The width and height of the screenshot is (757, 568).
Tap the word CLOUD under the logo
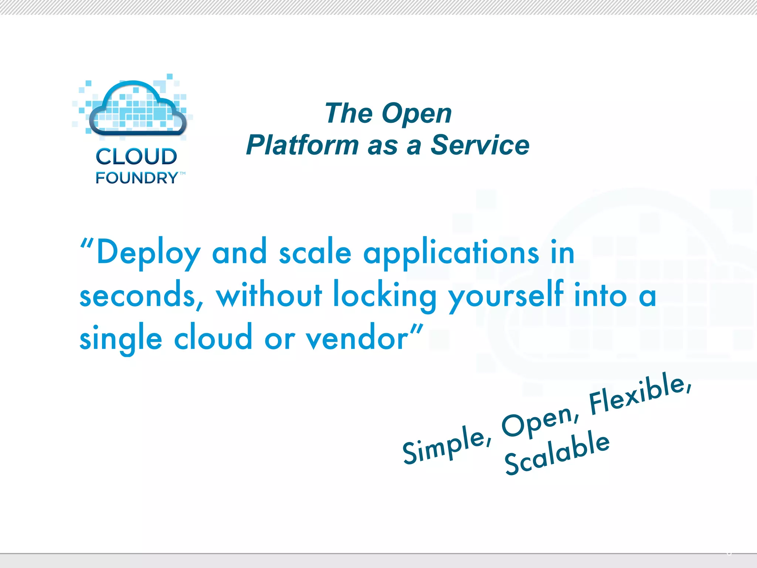(x=136, y=157)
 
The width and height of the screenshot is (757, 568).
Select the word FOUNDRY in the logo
(x=137, y=178)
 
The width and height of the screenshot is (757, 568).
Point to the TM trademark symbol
(x=183, y=173)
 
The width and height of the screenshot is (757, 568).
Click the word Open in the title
(x=417, y=114)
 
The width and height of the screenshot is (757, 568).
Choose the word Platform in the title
(x=302, y=145)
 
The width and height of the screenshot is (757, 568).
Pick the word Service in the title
(x=480, y=145)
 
